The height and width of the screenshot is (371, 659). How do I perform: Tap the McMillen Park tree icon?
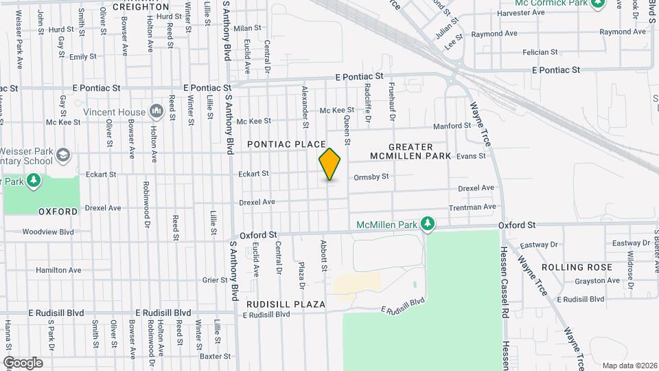click(428, 224)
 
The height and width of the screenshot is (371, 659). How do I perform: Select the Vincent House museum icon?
click(156, 111)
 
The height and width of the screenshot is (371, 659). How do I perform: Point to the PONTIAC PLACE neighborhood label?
click(286, 144)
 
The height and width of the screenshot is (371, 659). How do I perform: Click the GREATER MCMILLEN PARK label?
click(411, 151)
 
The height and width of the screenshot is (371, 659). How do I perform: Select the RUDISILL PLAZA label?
click(287, 304)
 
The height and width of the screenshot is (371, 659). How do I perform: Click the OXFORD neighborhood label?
click(58, 212)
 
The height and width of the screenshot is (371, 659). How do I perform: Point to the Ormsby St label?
click(371, 177)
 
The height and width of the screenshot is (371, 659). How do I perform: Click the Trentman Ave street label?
click(472, 207)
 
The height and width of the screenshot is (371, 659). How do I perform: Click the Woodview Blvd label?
click(47, 232)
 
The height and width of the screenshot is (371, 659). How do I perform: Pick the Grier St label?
click(215, 280)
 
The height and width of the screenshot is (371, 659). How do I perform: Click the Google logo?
click(23, 363)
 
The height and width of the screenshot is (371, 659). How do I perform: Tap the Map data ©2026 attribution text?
click(629, 366)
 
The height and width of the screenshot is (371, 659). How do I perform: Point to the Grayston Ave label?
click(578, 280)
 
